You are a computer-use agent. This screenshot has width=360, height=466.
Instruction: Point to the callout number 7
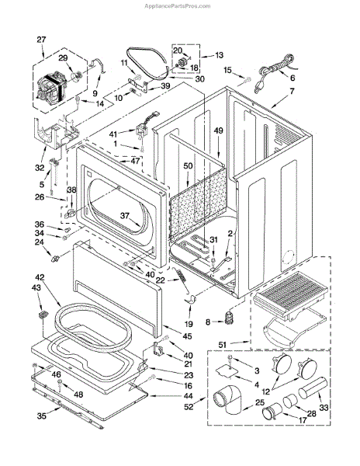point(292,92)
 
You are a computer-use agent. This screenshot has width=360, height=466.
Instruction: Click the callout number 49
point(219,132)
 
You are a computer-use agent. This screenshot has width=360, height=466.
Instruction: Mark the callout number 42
point(40,277)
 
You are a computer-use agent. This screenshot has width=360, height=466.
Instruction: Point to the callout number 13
point(218,55)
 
